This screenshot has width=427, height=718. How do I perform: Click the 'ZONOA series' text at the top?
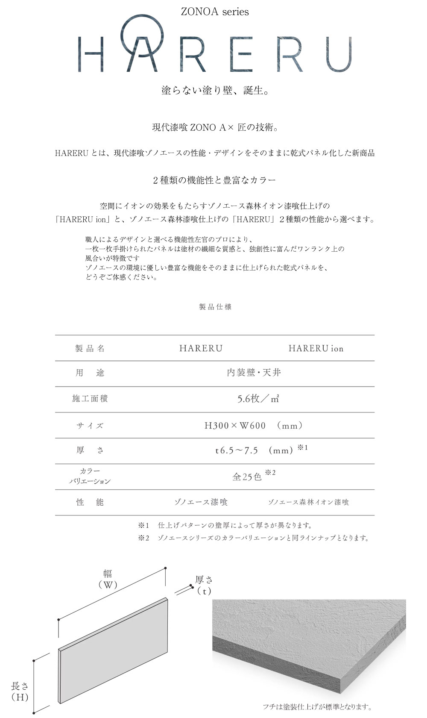pos(215,12)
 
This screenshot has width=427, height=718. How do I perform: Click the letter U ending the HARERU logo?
pos(337,54)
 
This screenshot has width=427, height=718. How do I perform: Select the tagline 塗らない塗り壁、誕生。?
pos(215,91)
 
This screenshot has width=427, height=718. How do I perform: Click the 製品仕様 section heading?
pos(215,307)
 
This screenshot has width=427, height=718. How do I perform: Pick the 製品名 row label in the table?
pos(90,348)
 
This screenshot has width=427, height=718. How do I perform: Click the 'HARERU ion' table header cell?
pos(316,348)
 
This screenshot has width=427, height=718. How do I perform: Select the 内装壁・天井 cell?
pos(254,373)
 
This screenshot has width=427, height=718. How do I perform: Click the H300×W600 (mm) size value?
pos(254,426)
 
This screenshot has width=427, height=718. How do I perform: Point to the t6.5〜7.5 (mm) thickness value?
pos(254,450)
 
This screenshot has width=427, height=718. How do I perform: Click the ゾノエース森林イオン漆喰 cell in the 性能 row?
pos(308,502)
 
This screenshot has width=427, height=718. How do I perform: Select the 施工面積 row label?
pos(90,399)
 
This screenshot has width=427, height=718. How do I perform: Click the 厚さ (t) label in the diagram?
pos(204,585)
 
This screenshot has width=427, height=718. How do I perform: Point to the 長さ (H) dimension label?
pos(20,692)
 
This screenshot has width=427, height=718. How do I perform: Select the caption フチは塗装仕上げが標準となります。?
pos(317,706)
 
